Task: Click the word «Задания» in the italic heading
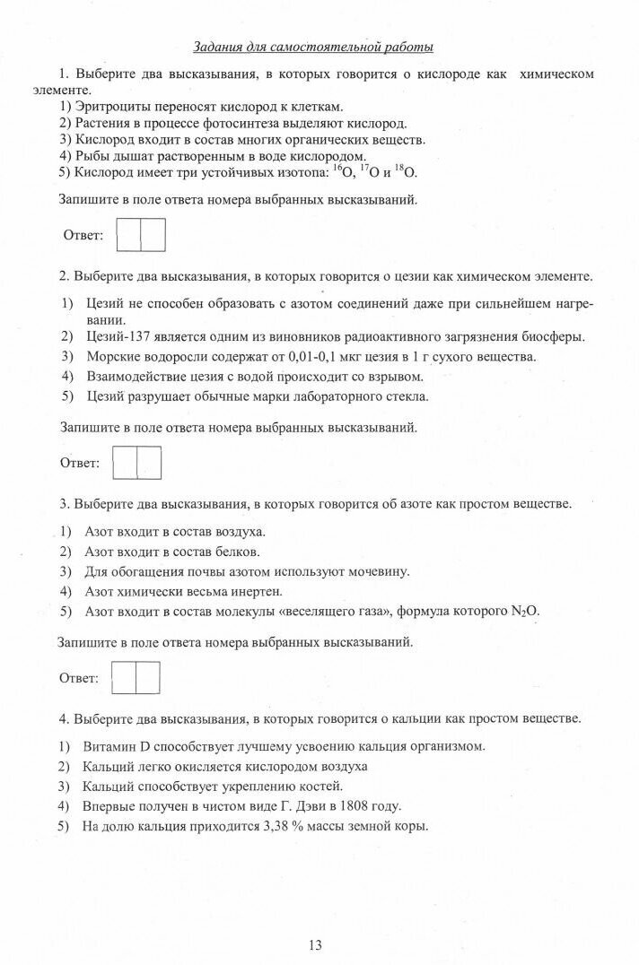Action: point(219,47)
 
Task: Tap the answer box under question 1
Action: point(142,235)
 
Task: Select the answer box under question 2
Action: point(137,463)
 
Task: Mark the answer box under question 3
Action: point(136,677)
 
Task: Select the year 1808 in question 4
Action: point(355,805)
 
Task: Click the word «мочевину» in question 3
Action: point(381,571)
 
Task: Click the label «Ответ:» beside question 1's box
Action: point(83,236)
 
